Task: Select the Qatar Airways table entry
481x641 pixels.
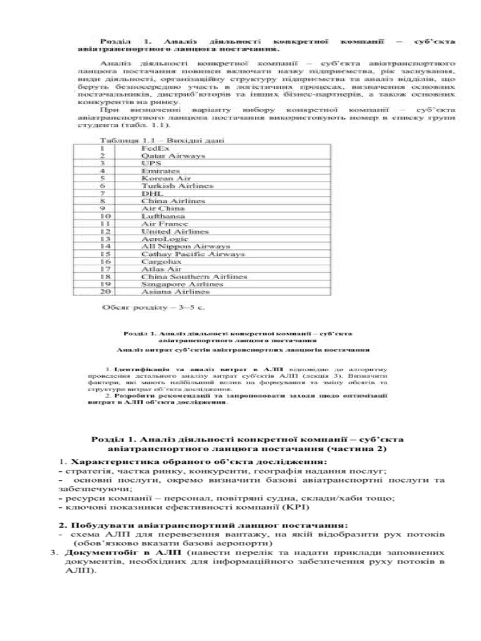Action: point(164,155)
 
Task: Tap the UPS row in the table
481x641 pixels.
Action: point(152,163)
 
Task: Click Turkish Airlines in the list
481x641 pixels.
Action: point(168,186)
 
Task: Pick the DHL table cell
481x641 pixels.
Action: point(152,193)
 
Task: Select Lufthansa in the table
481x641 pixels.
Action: point(160,216)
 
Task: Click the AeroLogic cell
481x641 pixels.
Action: point(162,238)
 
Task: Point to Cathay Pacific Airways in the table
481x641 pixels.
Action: point(193,254)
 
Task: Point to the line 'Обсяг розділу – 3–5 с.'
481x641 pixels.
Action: point(153,307)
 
